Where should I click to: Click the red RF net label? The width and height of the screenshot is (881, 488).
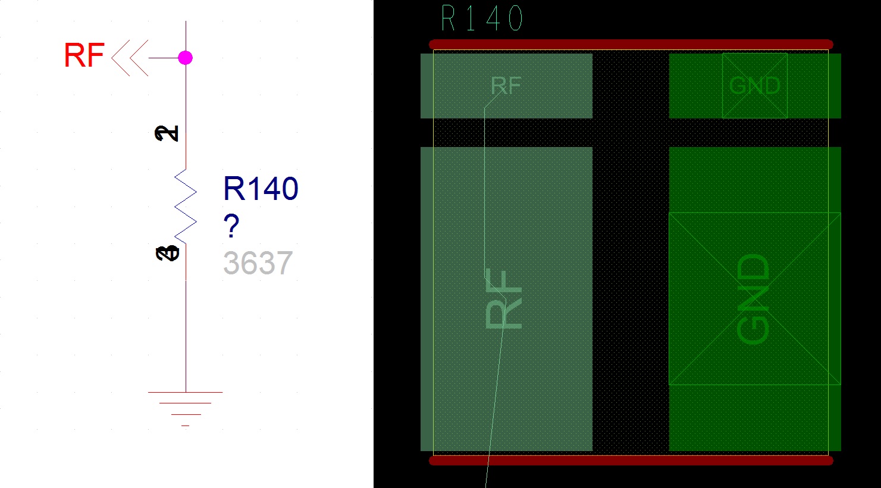84,56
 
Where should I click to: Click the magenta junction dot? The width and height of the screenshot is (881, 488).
186,58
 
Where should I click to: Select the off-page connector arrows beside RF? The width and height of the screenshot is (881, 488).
130,58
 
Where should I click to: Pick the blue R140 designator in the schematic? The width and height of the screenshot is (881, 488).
261,189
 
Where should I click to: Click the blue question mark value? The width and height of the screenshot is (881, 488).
231,226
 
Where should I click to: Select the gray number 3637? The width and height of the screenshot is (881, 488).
258,263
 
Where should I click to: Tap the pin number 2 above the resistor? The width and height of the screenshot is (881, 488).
167,133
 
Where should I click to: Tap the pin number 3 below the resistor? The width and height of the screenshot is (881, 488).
167,254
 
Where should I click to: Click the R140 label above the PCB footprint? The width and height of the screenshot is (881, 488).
482,19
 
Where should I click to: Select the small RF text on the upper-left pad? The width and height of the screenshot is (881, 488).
506,87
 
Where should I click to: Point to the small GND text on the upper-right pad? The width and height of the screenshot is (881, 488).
754,86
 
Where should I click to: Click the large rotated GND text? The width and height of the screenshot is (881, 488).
753,299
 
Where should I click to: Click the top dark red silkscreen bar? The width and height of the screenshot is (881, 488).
631,44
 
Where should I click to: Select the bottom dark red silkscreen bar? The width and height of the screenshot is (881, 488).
631,460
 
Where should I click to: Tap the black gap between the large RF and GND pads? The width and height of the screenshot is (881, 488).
631,298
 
